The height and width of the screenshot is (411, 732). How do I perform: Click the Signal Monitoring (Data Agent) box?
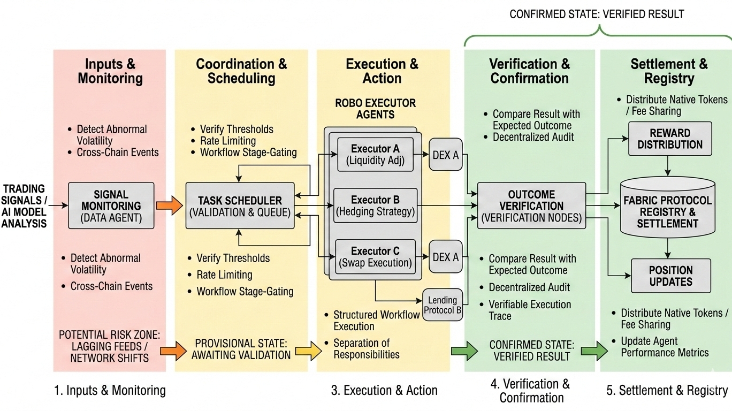pyautogui.click(x=111, y=205)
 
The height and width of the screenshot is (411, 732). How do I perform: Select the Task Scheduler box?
pyautogui.click(x=240, y=205)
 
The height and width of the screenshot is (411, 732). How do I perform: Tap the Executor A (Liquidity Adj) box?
pyautogui.click(x=375, y=155)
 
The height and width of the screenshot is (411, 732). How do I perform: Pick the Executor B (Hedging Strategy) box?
pyautogui.click(x=375, y=205)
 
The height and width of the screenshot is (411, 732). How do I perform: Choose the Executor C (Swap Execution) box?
pyautogui.click(x=376, y=257)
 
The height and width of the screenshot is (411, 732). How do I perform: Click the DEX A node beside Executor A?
pyautogui.click(x=445, y=155)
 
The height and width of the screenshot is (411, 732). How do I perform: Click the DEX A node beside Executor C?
pyautogui.click(x=445, y=257)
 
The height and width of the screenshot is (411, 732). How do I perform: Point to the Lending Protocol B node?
pyautogui.click(x=443, y=305)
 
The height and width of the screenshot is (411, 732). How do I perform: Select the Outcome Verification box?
pyautogui.click(x=532, y=205)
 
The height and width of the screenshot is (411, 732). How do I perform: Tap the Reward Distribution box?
pyautogui.click(x=670, y=139)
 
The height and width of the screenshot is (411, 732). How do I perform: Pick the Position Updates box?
pyautogui.click(x=671, y=276)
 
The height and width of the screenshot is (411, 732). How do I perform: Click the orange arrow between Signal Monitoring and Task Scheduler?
pyautogui.click(x=169, y=205)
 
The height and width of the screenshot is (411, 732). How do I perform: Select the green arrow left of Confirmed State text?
pyautogui.click(x=464, y=351)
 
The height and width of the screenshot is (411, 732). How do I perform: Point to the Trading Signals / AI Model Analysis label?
pyautogui.click(x=24, y=206)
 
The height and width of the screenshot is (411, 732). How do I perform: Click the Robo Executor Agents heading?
pyautogui.click(x=375, y=109)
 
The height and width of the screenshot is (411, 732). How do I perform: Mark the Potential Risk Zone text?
pyautogui.click(x=110, y=346)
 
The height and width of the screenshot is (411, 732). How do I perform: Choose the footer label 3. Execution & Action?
pyautogui.click(x=384, y=390)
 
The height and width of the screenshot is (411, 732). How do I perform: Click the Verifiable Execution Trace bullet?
pyautogui.click(x=526, y=310)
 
